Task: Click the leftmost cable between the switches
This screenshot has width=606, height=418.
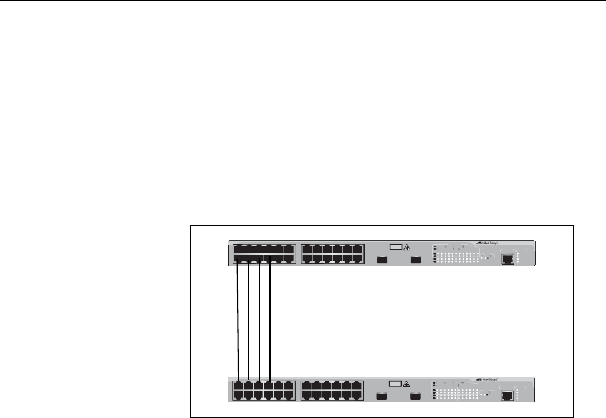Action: point(238,321)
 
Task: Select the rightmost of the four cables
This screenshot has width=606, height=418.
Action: point(269,321)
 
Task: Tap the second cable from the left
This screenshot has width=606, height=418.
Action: point(249,321)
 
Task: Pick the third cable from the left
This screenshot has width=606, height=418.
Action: point(259,321)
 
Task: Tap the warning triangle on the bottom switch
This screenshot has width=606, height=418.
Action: point(406,384)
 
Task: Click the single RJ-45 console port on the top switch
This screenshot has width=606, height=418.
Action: point(509,258)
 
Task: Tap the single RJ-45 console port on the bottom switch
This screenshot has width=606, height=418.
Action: point(509,394)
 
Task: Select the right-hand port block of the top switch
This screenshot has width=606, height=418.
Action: point(332,254)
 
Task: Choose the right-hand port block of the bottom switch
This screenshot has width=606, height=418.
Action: point(332,390)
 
